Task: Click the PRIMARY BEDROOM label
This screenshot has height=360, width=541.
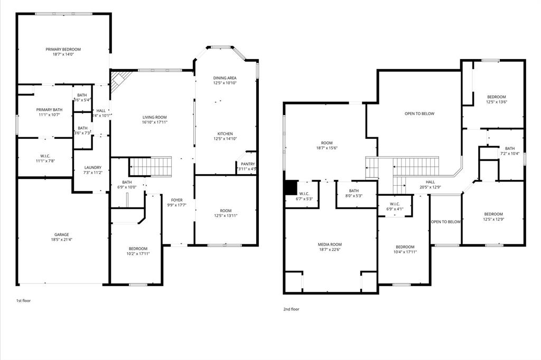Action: (x=63, y=49)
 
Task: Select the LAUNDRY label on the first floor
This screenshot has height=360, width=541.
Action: (x=92, y=168)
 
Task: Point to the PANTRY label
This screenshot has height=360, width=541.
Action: (x=247, y=164)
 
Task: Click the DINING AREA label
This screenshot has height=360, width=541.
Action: (x=225, y=78)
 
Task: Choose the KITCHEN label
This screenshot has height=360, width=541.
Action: (x=225, y=134)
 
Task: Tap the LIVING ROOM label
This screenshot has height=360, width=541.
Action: (x=154, y=117)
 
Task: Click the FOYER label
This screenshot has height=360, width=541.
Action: (x=176, y=200)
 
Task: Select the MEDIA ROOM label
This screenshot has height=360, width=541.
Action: (x=330, y=244)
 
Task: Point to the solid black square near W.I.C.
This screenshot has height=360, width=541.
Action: (x=291, y=188)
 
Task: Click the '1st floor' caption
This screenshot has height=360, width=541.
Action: (x=23, y=300)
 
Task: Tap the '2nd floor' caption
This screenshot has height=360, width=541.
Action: (x=291, y=309)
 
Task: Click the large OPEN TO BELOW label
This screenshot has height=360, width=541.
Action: (x=419, y=113)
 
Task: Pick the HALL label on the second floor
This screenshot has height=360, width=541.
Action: (x=430, y=182)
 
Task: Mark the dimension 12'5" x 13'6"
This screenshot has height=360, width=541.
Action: (x=496, y=102)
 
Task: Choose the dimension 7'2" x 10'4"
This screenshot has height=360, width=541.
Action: (x=509, y=154)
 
